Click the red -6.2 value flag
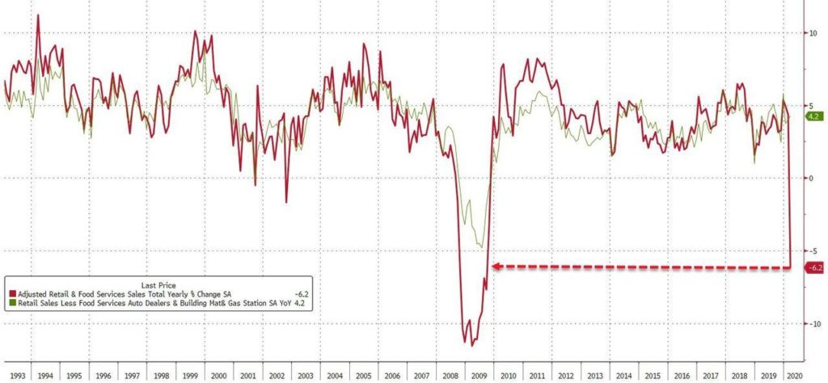815,267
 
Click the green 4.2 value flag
813,116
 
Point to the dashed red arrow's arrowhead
495,266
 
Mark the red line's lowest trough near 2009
472,343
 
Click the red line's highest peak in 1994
37,15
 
